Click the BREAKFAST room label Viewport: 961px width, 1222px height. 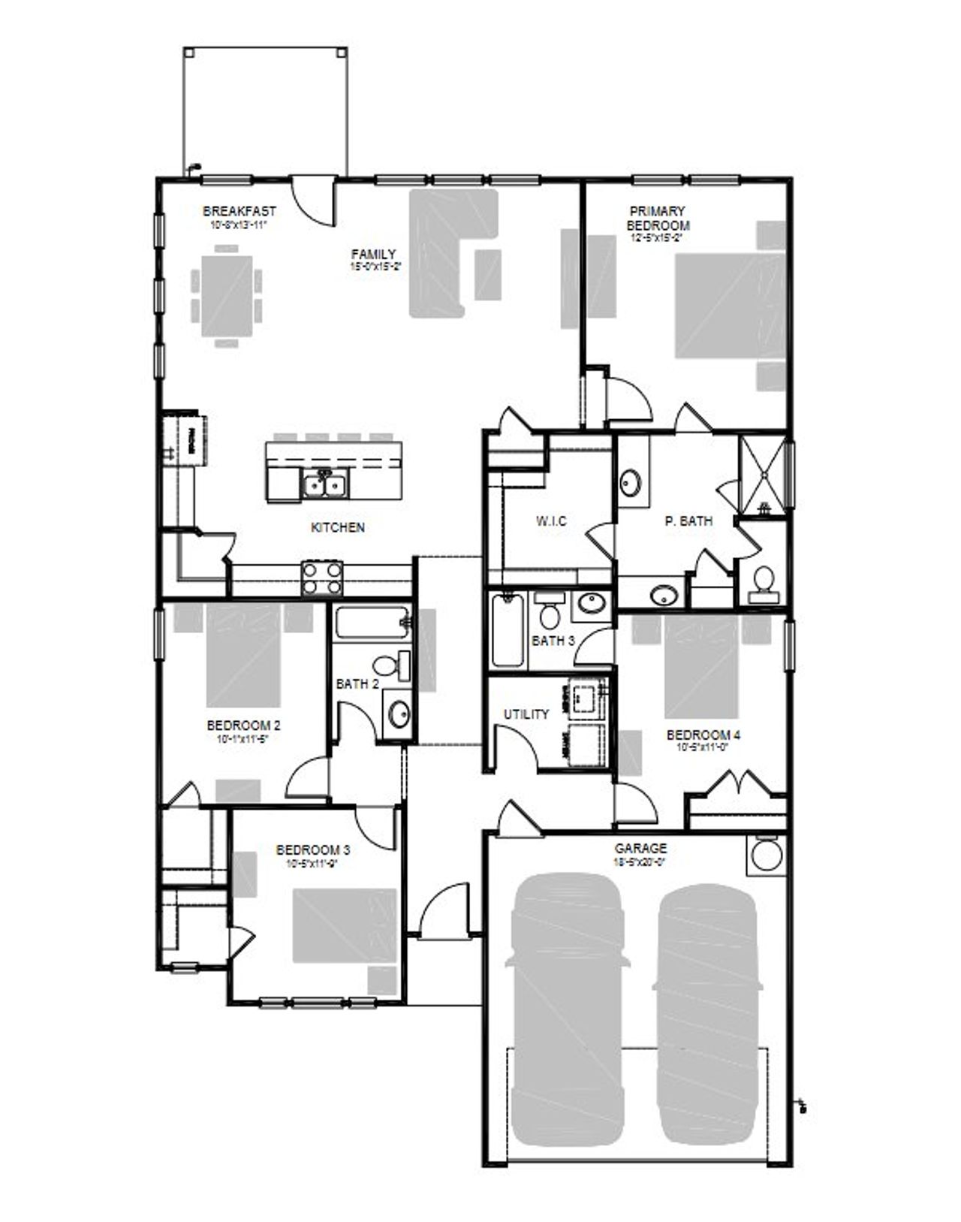coord(239,212)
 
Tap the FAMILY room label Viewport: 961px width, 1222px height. coord(373,255)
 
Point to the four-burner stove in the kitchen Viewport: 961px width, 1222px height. coord(322,578)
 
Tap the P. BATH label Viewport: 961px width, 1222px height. coord(688,520)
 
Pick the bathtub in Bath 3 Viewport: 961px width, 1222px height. coord(508,629)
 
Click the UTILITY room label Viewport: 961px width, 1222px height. coord(526,714)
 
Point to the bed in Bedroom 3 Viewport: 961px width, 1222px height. coord(345,925)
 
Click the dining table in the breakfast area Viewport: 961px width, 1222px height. coord(227,297)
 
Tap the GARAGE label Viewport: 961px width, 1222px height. coord(640,849)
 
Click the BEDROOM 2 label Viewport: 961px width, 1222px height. coord(243,726)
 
